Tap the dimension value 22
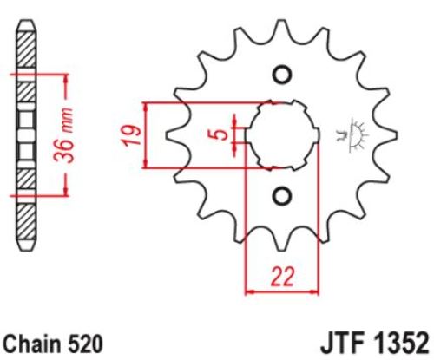click(282, 277)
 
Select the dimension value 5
click(221, 134)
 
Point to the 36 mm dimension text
click(64, 135)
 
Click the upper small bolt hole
click(281, 75)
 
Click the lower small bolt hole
click(281, 197)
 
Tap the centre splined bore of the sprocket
click(283, 135)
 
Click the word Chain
click(30, 344)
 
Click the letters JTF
click(342, 344)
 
